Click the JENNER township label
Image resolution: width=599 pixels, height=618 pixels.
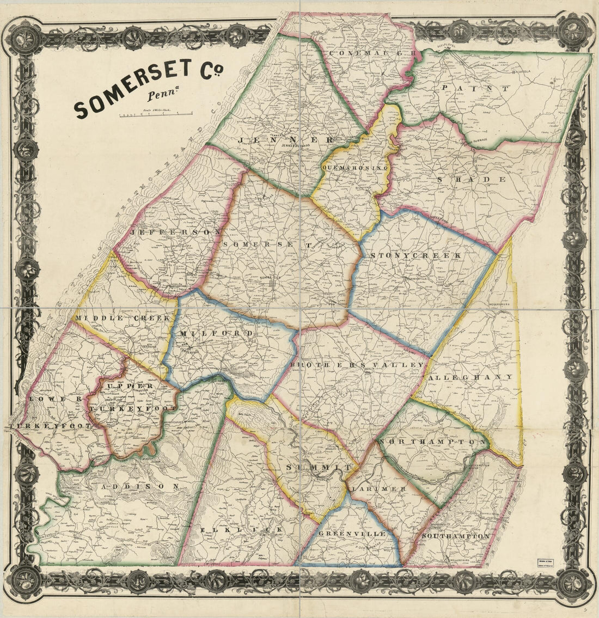tap(285, 140)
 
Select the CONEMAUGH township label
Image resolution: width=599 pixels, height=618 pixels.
tap(375, 54)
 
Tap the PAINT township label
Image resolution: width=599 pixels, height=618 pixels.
tap(475, 88)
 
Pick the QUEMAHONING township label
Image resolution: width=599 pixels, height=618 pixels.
tap(354, 168)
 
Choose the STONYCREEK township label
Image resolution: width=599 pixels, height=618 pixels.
tap(415, 255)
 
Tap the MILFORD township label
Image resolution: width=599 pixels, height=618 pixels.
tap(216, 333)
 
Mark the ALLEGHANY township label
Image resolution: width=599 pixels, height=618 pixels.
tap(471, 377)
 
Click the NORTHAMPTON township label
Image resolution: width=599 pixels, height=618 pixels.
tap(433, 442)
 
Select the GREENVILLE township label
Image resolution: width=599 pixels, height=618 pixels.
tap(352, 534)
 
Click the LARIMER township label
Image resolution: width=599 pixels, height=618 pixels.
tap(379, 489)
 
